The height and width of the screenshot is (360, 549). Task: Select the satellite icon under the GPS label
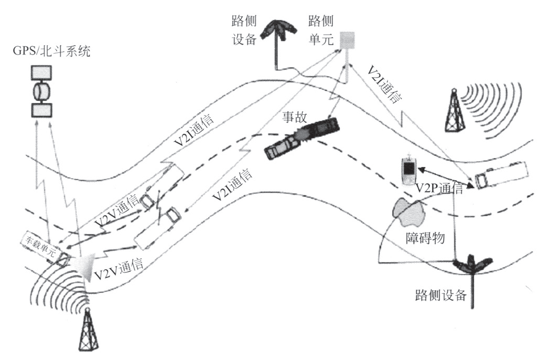41,91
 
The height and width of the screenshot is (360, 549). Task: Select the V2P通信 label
439,189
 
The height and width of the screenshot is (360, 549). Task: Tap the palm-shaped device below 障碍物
473,267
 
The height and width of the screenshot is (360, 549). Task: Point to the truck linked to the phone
502,175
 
